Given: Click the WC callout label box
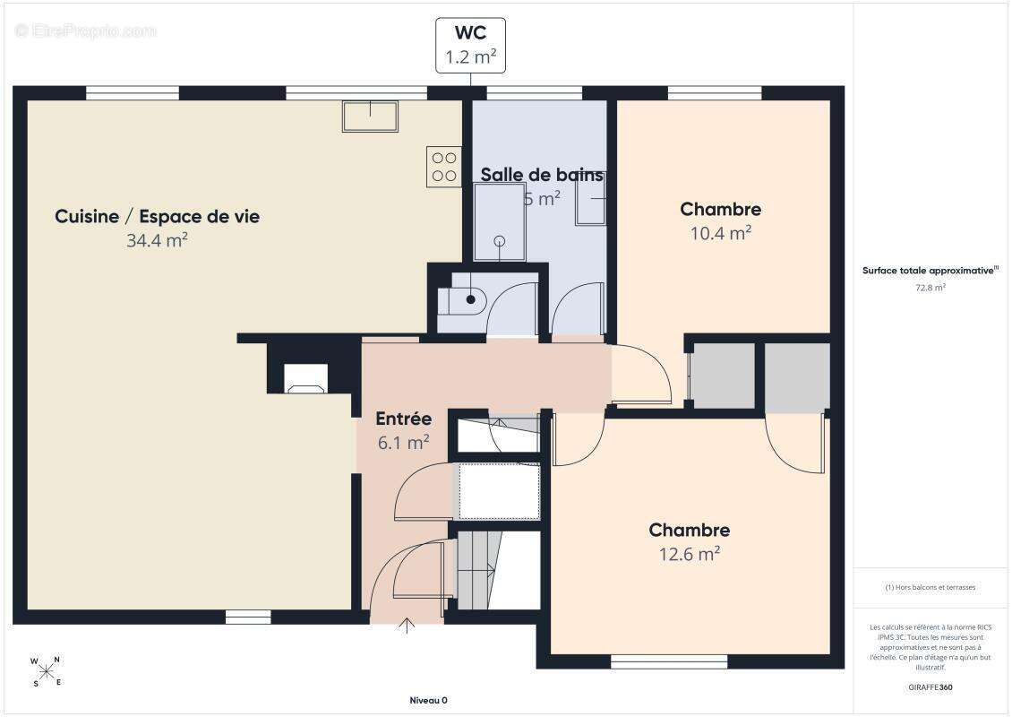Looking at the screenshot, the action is [470, 45].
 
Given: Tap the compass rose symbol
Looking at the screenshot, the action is [46, 671].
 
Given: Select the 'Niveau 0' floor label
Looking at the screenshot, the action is [429, 700].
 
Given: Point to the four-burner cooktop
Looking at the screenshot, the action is [444, 167].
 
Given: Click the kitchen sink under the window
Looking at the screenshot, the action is [370, 117].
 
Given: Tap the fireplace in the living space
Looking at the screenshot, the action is [306, 378].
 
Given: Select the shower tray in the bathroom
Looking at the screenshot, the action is [500, 222].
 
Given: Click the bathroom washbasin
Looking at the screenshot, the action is [590, 199].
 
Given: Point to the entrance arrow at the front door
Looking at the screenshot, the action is [407, 626].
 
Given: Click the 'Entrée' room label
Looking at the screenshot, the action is [403, 419].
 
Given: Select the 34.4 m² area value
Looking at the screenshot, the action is [157, 240].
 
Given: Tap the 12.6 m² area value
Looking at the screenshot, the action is [690, 554].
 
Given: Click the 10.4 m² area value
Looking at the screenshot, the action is [721, 233].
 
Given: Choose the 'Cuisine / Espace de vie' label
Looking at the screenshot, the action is [158, 216].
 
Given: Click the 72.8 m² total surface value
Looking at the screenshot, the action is [931, 288].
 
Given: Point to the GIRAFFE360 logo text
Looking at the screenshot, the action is [931, 687].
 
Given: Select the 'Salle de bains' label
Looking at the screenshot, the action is [542, 175].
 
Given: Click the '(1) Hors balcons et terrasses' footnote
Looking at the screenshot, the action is [931, 587].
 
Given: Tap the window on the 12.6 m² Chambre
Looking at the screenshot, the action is [669, 661].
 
